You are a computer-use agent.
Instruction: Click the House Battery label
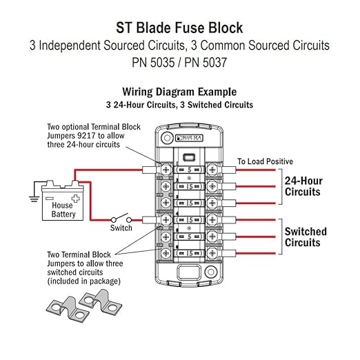pyautogui.click(x=62, y=209)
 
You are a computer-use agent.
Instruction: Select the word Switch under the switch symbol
pyautogui.click(x=121, y=228)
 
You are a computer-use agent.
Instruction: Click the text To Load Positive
pyautogui.click(x=265, y=161)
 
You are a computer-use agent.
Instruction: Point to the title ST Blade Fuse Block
pyautogui.click(x=179, y=29)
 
